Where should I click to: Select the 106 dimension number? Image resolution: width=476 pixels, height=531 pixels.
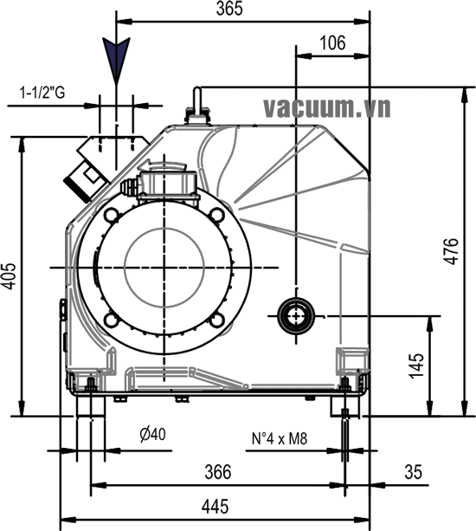coord(331,42)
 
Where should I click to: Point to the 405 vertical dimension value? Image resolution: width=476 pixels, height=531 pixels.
coord(10,276)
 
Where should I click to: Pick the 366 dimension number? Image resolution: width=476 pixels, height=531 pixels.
coord(217,471)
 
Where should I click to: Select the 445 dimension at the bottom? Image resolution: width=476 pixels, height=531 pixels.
coord(217,505)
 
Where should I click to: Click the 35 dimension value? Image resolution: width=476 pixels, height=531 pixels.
coord(413,471)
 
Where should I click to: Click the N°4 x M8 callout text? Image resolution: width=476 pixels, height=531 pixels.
coord(280,438)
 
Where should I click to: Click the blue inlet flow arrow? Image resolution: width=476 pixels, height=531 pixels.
coord(115,60)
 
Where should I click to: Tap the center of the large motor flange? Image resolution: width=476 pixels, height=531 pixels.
coord(164,268)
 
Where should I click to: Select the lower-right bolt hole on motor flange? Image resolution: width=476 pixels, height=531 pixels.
coord(215,321)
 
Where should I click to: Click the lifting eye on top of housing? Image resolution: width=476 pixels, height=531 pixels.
coord(195,107)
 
